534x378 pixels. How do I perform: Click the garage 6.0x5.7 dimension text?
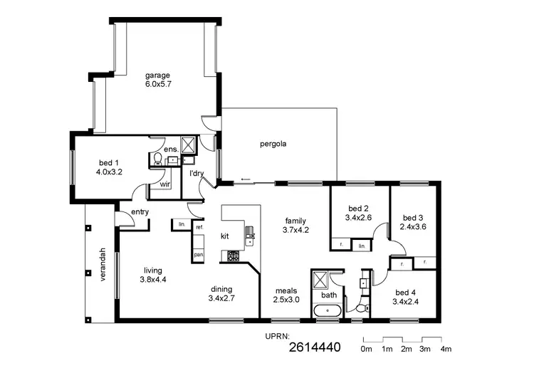point(158,84)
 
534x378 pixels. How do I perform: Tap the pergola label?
point(273,144)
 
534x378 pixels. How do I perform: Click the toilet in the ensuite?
point(157,158)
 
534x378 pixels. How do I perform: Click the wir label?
point(164,184)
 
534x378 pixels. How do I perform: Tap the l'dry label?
point(197,173)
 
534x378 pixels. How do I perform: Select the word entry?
point(140,211)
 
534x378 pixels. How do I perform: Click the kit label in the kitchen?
point(224,235)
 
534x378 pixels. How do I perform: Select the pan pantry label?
point(199,254)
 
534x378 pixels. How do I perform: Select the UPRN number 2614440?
point(315,348)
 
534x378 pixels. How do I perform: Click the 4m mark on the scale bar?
point(446,350)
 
